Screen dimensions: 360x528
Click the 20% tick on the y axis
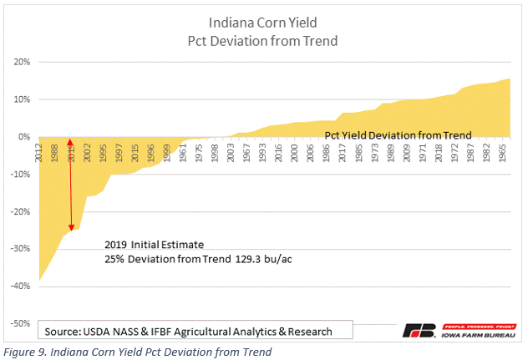coord(21,62)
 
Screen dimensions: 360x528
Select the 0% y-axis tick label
coord(23,137)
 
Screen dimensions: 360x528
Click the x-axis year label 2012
coord(39,152)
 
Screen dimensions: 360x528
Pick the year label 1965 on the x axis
coord(506,152)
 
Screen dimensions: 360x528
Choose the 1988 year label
coord(55,152)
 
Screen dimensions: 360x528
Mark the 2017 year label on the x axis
coord(342,152)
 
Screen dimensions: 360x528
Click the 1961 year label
coord(182,152)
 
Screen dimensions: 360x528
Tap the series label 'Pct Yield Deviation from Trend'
coord(398,134)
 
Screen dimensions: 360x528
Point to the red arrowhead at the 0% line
coord(70,142)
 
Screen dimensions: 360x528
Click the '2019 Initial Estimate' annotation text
coord(155,245)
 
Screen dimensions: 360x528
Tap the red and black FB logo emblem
coord(418,330)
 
